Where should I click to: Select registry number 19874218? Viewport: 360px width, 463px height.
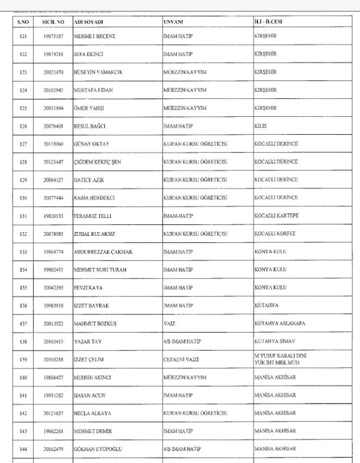pyautogui.click(x=53, y=54)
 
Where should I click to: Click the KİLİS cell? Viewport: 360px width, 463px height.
pyautogui.click(x=260, y=126)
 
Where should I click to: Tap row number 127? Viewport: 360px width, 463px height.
pyautogui.click(x=23, y=144)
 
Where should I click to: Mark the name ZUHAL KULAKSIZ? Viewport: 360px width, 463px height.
pyautogui.click(x=95, y=233)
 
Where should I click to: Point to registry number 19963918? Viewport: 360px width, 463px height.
pyautogui.click(x=53, y=305)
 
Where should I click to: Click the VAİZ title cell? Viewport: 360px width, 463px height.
pyautogui.click(x=169, y=323)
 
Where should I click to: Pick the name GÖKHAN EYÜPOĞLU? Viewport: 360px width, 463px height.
pyautogui.click(x=99, y=449)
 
